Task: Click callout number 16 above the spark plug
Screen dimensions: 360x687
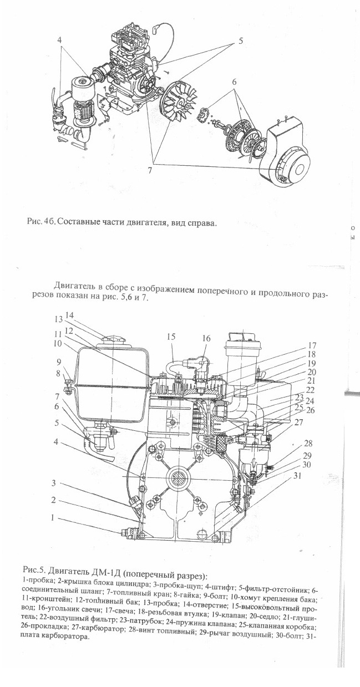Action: pyautogui.click(x=206, y=338)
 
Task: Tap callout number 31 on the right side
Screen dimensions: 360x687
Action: pyautogui.click(x=297, y=476)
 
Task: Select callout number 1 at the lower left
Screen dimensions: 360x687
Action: pyautogui.click(x=53, y=518)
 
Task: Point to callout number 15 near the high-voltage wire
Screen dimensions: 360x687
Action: pyautogui.click(x=171, y=337)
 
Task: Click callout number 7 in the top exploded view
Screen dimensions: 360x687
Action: pyautogui.click(x=149, y=171)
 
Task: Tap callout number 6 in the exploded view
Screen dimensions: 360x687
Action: pyautogui.click(x=234, y=82)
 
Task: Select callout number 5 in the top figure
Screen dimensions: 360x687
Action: pyautogui.click(x=241, y=41)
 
